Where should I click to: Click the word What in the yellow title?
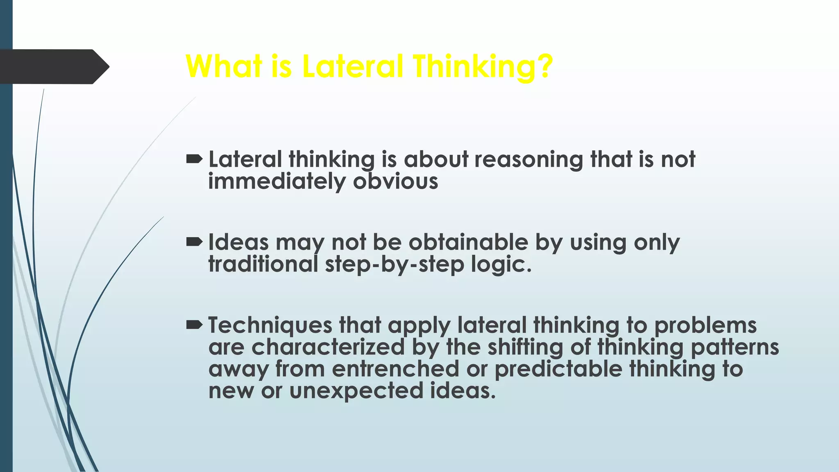tap(223, 66)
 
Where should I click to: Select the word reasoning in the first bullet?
tap(528, 160)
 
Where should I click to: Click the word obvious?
tap(395, 181)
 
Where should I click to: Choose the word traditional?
tap(263, 264)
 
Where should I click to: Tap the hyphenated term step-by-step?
tap(395, 265)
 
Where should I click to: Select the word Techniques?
tap(270, 326)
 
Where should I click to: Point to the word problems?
tap(705, 326)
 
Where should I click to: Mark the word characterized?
tap(328, 347)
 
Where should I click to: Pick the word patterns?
tap(735, 348)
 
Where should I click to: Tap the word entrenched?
tap(395, 369)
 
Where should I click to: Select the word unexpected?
tap(356, 391)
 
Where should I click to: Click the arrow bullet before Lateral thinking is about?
tap(194, 159)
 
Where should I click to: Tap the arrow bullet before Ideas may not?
tap(194, 242)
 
